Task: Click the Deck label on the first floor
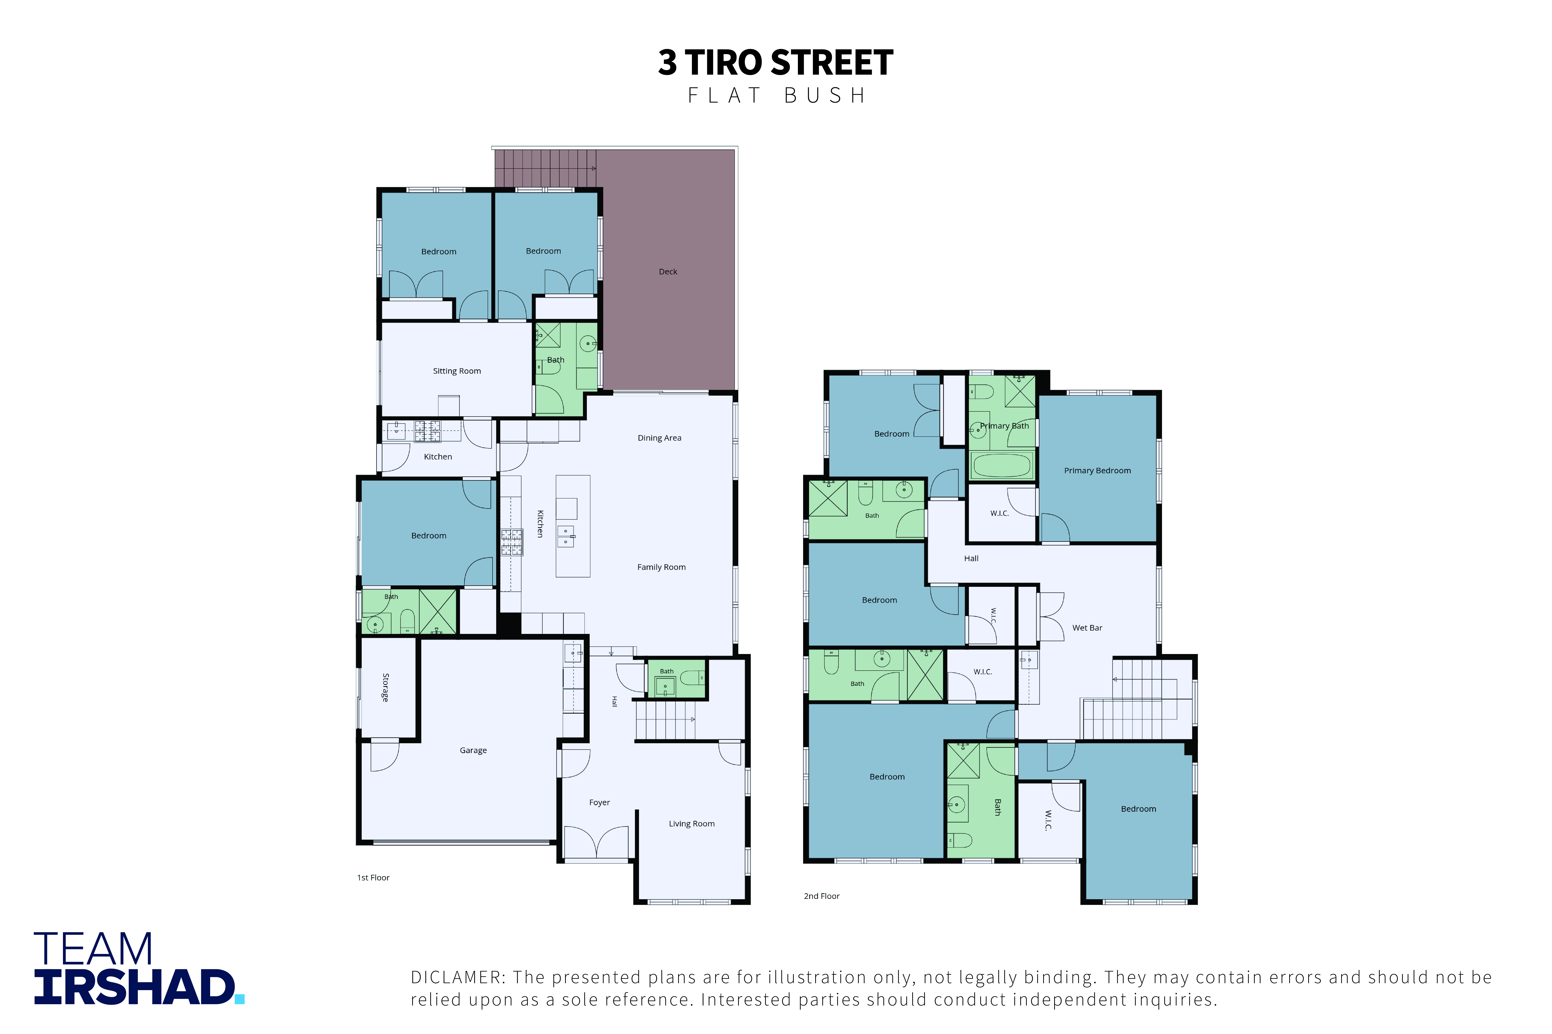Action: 668,272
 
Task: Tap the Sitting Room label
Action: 456,371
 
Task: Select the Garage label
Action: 473,750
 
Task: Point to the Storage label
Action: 385,687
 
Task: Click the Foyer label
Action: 599,803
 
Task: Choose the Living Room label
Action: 691,824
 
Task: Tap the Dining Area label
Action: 659,438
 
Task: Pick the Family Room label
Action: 661,567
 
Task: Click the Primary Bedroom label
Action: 1097,471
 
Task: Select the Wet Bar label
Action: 1087,628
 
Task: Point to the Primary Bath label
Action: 1004,426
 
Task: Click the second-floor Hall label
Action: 971,559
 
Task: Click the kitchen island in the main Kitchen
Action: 573,526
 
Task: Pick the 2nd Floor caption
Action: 821,896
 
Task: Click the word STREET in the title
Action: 832,63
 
